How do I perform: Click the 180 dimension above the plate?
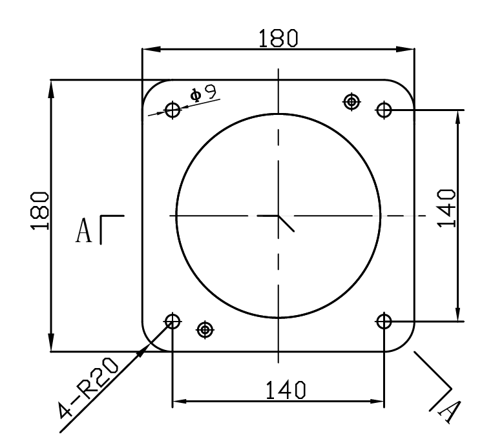tap(278, 39)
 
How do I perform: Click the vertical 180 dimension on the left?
tap(41, 212)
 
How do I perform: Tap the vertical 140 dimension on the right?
tap(446, 208)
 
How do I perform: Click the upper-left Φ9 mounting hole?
tap(173, 110)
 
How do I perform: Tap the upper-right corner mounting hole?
tap(384, 110)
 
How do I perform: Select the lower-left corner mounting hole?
tap(173, 320)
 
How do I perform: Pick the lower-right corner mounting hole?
tap(384, 320)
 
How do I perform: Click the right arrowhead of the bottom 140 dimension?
tap(378, 400)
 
